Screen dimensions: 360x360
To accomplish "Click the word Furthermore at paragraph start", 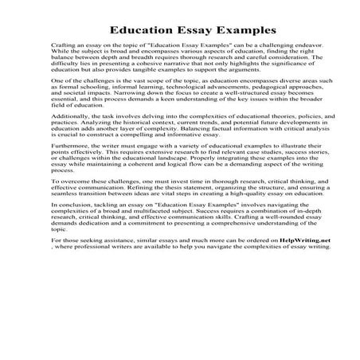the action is pyautogui.click(x=69, y=169).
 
